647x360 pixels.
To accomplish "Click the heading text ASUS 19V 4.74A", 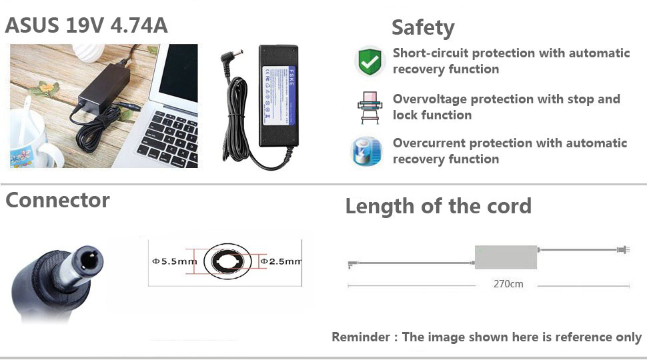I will click(87, 25).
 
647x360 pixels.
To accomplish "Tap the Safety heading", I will click(423, 27).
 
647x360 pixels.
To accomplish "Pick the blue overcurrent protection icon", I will click(368, 151).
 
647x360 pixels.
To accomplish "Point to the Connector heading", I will click(57, 200).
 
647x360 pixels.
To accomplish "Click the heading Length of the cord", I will click(438, 206).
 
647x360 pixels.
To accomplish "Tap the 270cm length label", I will click(508, 284).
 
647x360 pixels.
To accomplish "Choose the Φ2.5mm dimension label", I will click(281, 261).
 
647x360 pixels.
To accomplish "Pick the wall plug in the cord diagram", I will click(624, 250).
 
